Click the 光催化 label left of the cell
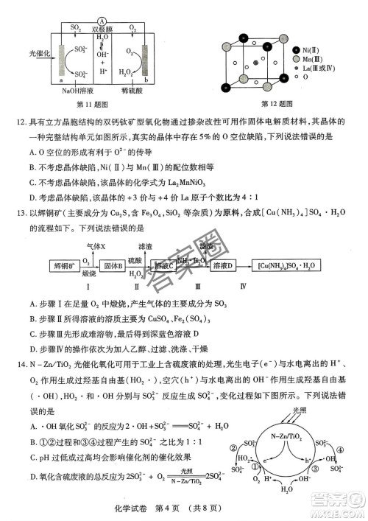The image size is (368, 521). (x=38, y=54)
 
